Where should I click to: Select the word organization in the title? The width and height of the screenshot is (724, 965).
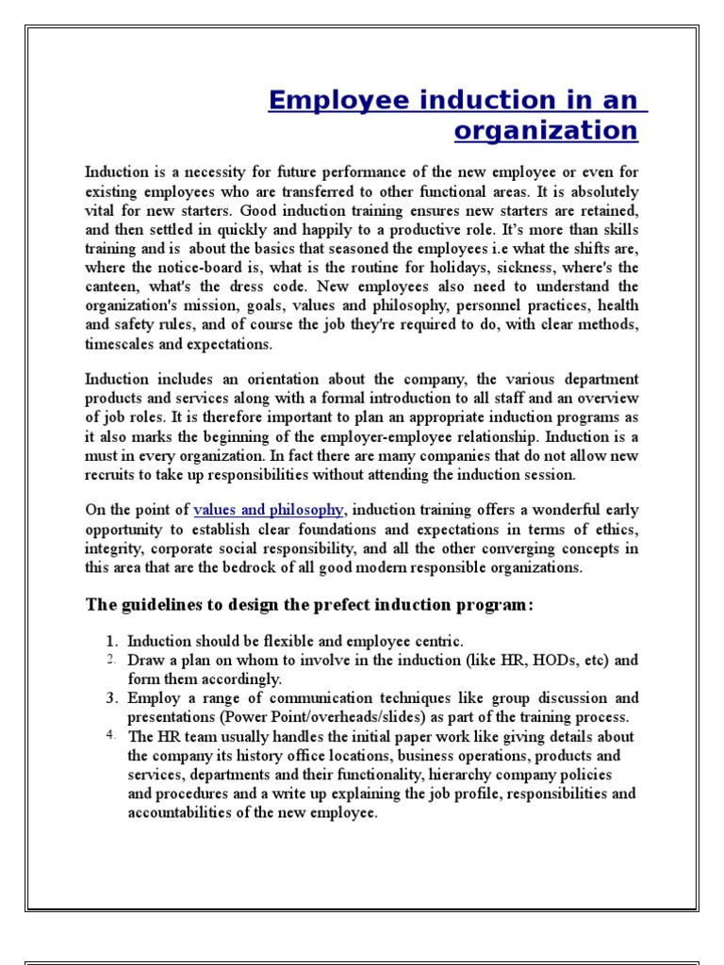546,130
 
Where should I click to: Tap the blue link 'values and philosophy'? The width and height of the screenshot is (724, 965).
269,510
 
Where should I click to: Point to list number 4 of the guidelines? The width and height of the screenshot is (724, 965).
110,734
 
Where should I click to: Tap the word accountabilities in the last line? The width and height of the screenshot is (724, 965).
176,812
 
